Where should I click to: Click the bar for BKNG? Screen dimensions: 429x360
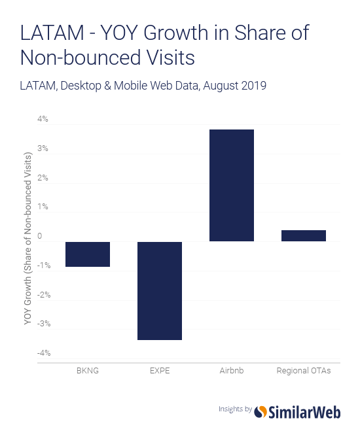(87, 254)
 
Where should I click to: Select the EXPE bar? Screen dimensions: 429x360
(159, 290)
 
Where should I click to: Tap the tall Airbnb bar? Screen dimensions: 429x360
(232, 186)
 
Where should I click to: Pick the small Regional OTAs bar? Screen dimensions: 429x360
(304, 235)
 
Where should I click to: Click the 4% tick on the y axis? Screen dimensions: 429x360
(43, 120)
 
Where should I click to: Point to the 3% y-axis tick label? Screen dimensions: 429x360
(43, 148)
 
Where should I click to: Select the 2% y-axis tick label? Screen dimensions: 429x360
(43, 178)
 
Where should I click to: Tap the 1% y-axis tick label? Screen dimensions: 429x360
(43, 207)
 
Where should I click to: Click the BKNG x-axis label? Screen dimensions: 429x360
(87, 370)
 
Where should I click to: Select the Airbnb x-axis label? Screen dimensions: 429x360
(232, 370)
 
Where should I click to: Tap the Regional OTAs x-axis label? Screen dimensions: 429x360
(304, 370)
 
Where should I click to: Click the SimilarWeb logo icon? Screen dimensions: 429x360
(261, 411)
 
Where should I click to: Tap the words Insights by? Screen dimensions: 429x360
(235, 409)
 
